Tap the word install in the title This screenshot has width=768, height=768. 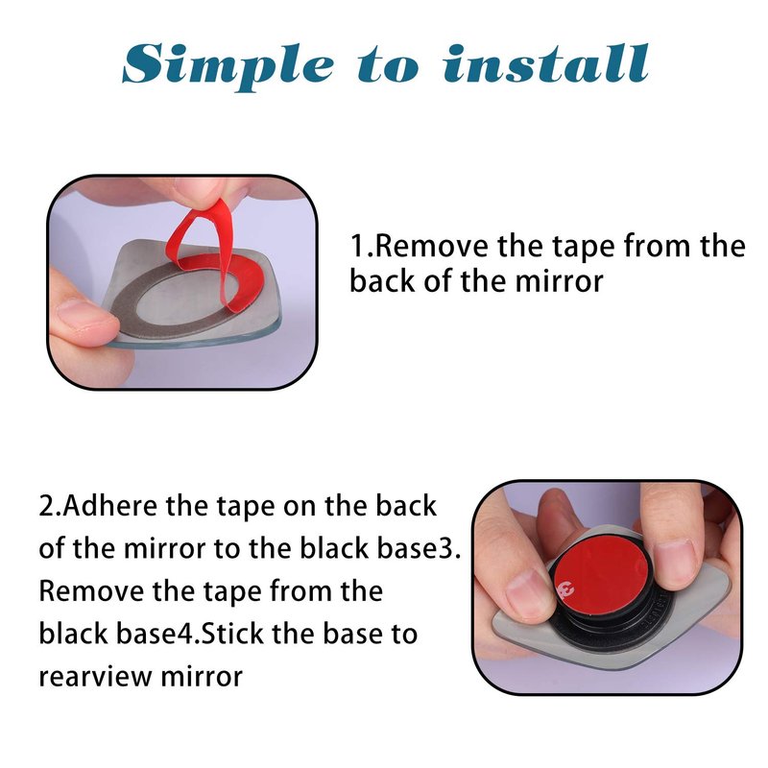coord(546,62)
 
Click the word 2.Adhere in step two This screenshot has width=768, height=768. coord(100,506)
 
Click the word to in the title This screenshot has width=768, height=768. coord(389,66)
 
